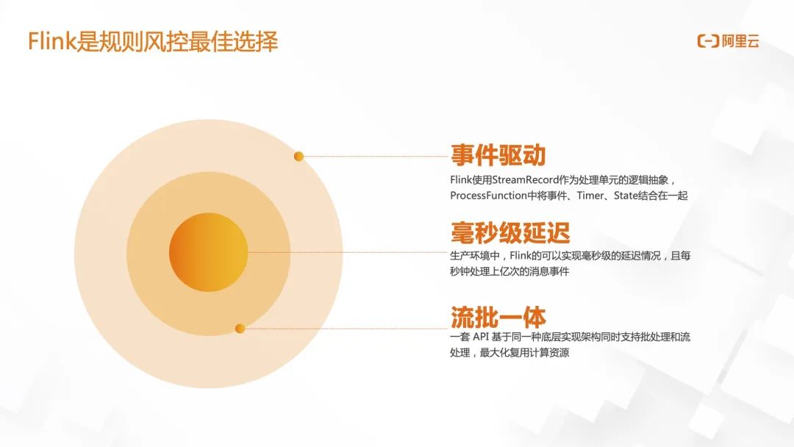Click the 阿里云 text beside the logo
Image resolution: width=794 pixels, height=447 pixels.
point(740,41)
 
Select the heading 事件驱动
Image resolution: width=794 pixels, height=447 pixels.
point(498,156)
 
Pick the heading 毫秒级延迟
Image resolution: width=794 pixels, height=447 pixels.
point(509,233)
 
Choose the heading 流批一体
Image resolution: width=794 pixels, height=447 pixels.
point(498,318)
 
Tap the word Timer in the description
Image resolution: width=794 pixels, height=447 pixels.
point(591,196)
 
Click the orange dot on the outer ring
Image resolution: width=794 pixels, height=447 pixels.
point(298,157)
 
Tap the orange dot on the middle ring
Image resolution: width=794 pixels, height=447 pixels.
point(240,329)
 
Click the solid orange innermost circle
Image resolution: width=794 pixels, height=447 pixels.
point(208,252)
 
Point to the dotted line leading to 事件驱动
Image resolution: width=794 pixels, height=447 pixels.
point(375,157)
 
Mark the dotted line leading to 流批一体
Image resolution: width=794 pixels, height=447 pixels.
point(346,329)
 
